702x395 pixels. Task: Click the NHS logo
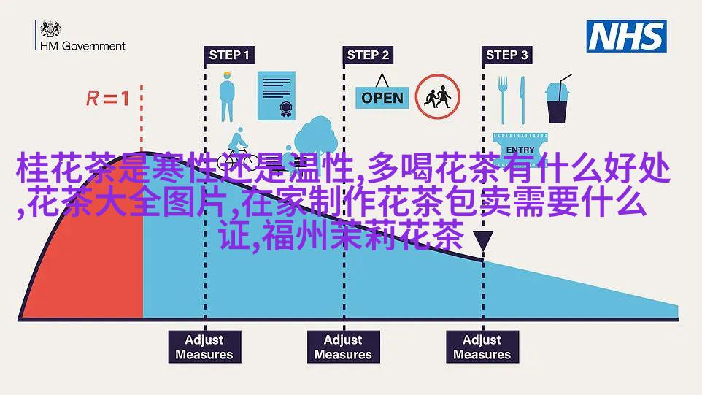pyautogui.click(x=627, y=36)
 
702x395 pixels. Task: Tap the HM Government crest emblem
pyautogui.click(x=50, y=28)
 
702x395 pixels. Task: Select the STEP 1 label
pyautogui.click(x=228, y=55)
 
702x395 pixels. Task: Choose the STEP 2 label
pyautogui.click(x=368, y=55)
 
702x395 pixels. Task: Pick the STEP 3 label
pyautogui.click(x=506, y=55)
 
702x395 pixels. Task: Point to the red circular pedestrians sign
pyautogui.click(x=439, y=96)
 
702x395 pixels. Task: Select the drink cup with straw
pyautogui.click(x=560, y=99)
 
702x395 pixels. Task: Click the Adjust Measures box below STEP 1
pyautogui.click(x=204, y=347)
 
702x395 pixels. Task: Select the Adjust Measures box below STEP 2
pyautogui.click(x=343, y=347)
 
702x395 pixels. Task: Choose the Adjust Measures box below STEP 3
pyautogui.click(x=482, y=347)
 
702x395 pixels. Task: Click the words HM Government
pyautogui.click(x=82, y=45)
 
